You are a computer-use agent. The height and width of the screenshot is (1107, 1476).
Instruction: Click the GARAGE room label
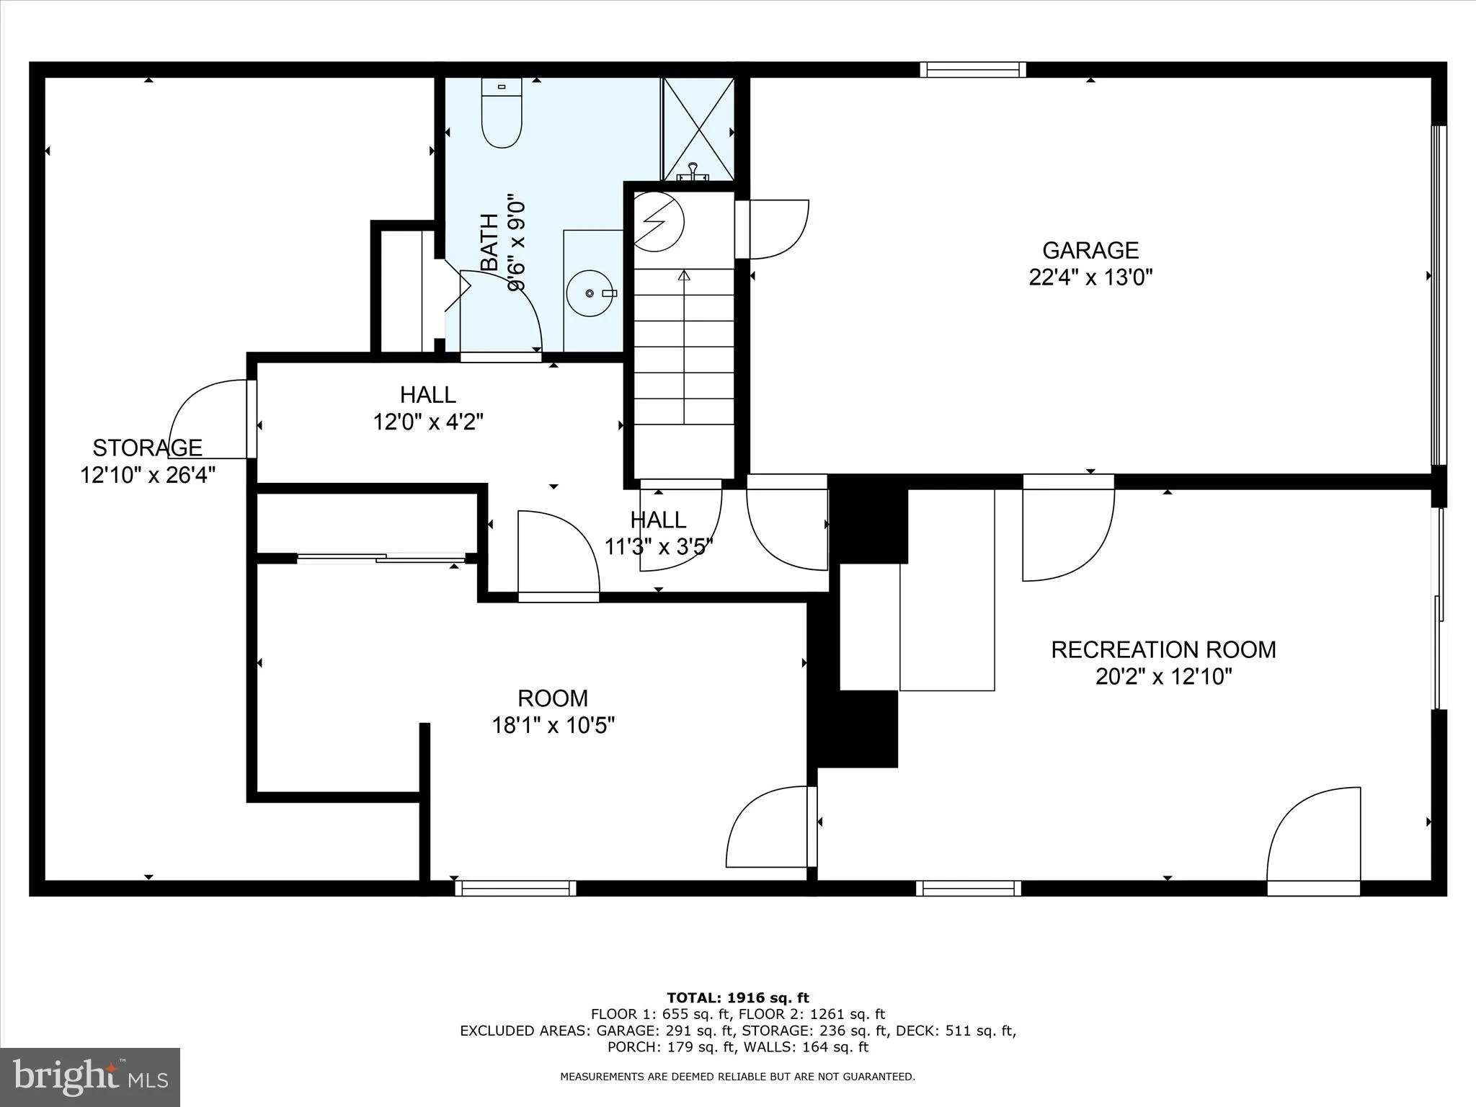coord(1090,250)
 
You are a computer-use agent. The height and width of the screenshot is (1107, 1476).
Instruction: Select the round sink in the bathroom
coord(591,293)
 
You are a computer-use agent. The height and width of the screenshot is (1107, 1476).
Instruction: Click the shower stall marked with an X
coord(698,129)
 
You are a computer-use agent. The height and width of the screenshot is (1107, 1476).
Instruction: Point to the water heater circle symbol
coord(657,221)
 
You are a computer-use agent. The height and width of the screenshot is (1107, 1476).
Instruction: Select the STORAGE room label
coord(147,448)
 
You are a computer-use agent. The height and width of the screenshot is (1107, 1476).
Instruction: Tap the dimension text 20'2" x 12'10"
coord(1163,677)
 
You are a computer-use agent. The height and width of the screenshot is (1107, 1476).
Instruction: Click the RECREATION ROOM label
coord(1163,649)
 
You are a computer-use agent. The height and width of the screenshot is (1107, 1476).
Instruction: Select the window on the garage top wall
coord(972,70)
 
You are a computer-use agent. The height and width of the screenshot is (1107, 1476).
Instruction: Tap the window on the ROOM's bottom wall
coord(515,888)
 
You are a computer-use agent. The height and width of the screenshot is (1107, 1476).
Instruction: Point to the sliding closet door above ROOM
coord(381,556)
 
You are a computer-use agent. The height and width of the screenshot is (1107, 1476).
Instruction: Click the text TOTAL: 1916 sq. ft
coord(738,998)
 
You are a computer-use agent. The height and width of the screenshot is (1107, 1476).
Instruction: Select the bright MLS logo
coord(90,1077)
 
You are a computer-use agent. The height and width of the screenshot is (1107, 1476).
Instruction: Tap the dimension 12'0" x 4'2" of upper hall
coord(428,422)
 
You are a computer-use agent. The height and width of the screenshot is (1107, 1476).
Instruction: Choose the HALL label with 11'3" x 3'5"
coord(658,520)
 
